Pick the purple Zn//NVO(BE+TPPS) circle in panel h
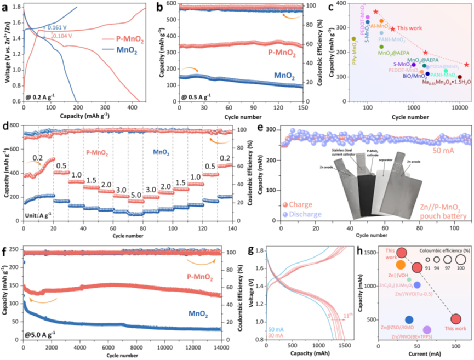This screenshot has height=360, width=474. (x=427, y=330)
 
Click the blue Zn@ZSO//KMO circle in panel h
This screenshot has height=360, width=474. (x=409, y=320)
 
